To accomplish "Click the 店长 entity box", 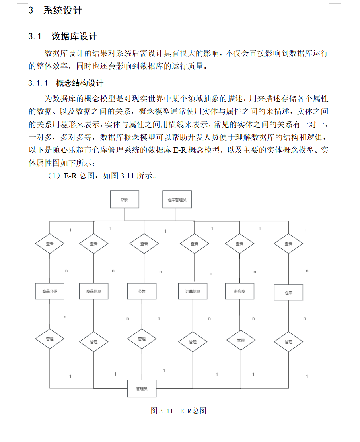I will pos(125,200).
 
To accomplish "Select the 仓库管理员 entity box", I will pos(177,200).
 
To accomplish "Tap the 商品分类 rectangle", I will pos(50,291).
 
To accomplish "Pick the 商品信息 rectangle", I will pos(93,291).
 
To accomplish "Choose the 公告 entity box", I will pos(142,291).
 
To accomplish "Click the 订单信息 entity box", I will pos(193,291).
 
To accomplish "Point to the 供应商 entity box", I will pos(239,291).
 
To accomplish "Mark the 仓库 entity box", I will pos(288,293).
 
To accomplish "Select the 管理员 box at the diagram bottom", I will pos(142,388).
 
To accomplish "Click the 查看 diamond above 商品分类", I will pos(50,244).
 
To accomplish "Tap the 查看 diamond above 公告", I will pos(144,244).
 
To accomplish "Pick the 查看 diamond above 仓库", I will pos(288,244).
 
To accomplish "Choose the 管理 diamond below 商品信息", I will pos(93,342).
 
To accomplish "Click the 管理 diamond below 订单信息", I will pos(193,342).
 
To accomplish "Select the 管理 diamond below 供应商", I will pos(241,340).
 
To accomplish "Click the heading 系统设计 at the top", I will pos(62,11).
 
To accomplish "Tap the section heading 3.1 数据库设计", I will pos(63,37).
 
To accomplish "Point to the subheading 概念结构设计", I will pos(80,83).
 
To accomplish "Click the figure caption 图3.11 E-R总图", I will pos(179,411).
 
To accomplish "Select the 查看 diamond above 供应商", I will pos(239,244).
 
